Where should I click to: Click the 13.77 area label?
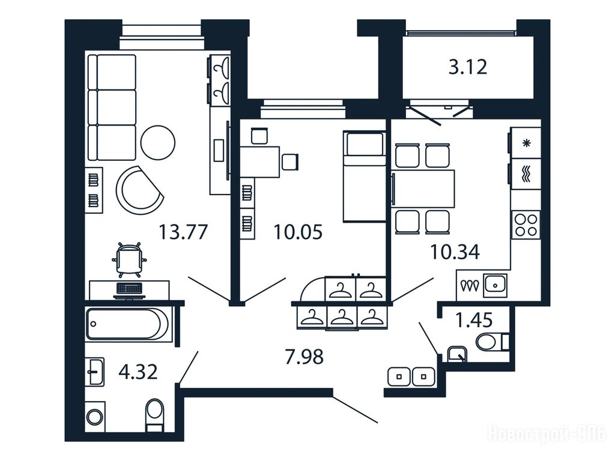point(183,232)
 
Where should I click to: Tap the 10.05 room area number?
point(298,232)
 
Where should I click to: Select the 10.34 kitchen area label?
point(455,252)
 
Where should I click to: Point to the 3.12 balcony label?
point(468,67)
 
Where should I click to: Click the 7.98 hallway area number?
point(304,357)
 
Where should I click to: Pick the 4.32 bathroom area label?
point(138,372)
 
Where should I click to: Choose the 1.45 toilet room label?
point(474,320)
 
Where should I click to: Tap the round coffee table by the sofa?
point(158,142)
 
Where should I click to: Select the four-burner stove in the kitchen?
point(526,225)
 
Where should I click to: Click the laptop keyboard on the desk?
point(129,289)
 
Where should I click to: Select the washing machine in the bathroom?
point(95,417)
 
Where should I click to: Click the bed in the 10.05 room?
point(364,176)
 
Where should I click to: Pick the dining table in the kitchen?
point(423,188)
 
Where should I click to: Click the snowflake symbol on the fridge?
point(526,143)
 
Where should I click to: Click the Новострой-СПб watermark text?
point(547,435)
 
